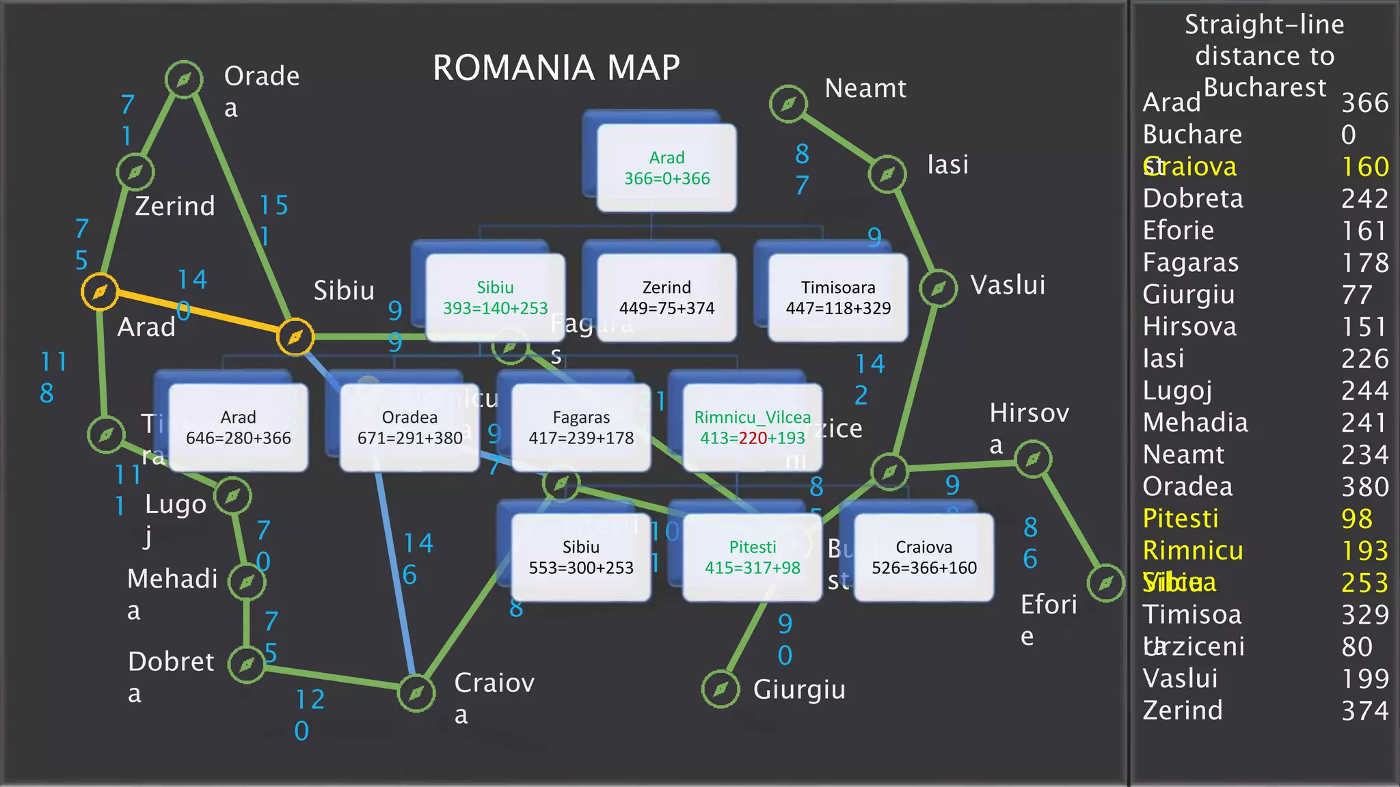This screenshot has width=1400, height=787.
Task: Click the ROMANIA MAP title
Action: pyautogui.click(x=556, y=68)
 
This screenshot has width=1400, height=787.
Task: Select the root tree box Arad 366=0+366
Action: pyautogui.click(x=667, y=168)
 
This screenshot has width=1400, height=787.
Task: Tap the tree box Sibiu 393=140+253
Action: pyautogui.click(x=495, y=298)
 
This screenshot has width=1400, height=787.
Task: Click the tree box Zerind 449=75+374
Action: pyautogui.click(x=667, y=298)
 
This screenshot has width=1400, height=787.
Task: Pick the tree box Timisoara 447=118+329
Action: pyautogui.click(x=838, y=298)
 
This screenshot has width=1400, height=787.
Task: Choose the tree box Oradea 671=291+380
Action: pyautogui.click(x=409, y=428)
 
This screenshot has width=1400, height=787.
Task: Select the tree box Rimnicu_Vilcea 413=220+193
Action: pyautogui.click(x=752, y=428)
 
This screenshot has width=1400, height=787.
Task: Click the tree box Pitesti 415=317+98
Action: pyautogui.click(x=752, y=557)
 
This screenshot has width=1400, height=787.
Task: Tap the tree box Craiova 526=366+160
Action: pyautogui.click(x=924, y=557)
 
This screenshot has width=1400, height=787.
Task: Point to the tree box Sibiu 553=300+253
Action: pyautogui.click(x=581, y=557)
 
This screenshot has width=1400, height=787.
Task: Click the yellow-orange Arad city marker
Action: pyautogui.click(x=100, y=292)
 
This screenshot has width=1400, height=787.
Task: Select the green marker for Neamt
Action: pyautogui.click(x=788, y=104)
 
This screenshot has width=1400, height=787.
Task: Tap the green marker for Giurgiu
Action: pyautogui.click(x=721, y=689)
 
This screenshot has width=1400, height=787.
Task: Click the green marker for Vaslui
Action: pyautogui.click(x=939, y=288)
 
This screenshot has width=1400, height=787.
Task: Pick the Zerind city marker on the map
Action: pyautogui.click(x=135, y=171)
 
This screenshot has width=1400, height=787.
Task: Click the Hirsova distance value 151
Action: pyautogui.click(x=1364, y=327)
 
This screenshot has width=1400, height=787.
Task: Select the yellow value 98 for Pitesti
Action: pyautogui.click(x=1356, y=519)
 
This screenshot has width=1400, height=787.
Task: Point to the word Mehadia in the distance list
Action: pyautogui.click(x=1195, y=422)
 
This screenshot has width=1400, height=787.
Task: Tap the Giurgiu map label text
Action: pyautogui.click(x=799, y=689)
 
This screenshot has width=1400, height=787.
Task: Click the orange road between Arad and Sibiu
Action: pyautogui.click(x=198, y=315)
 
